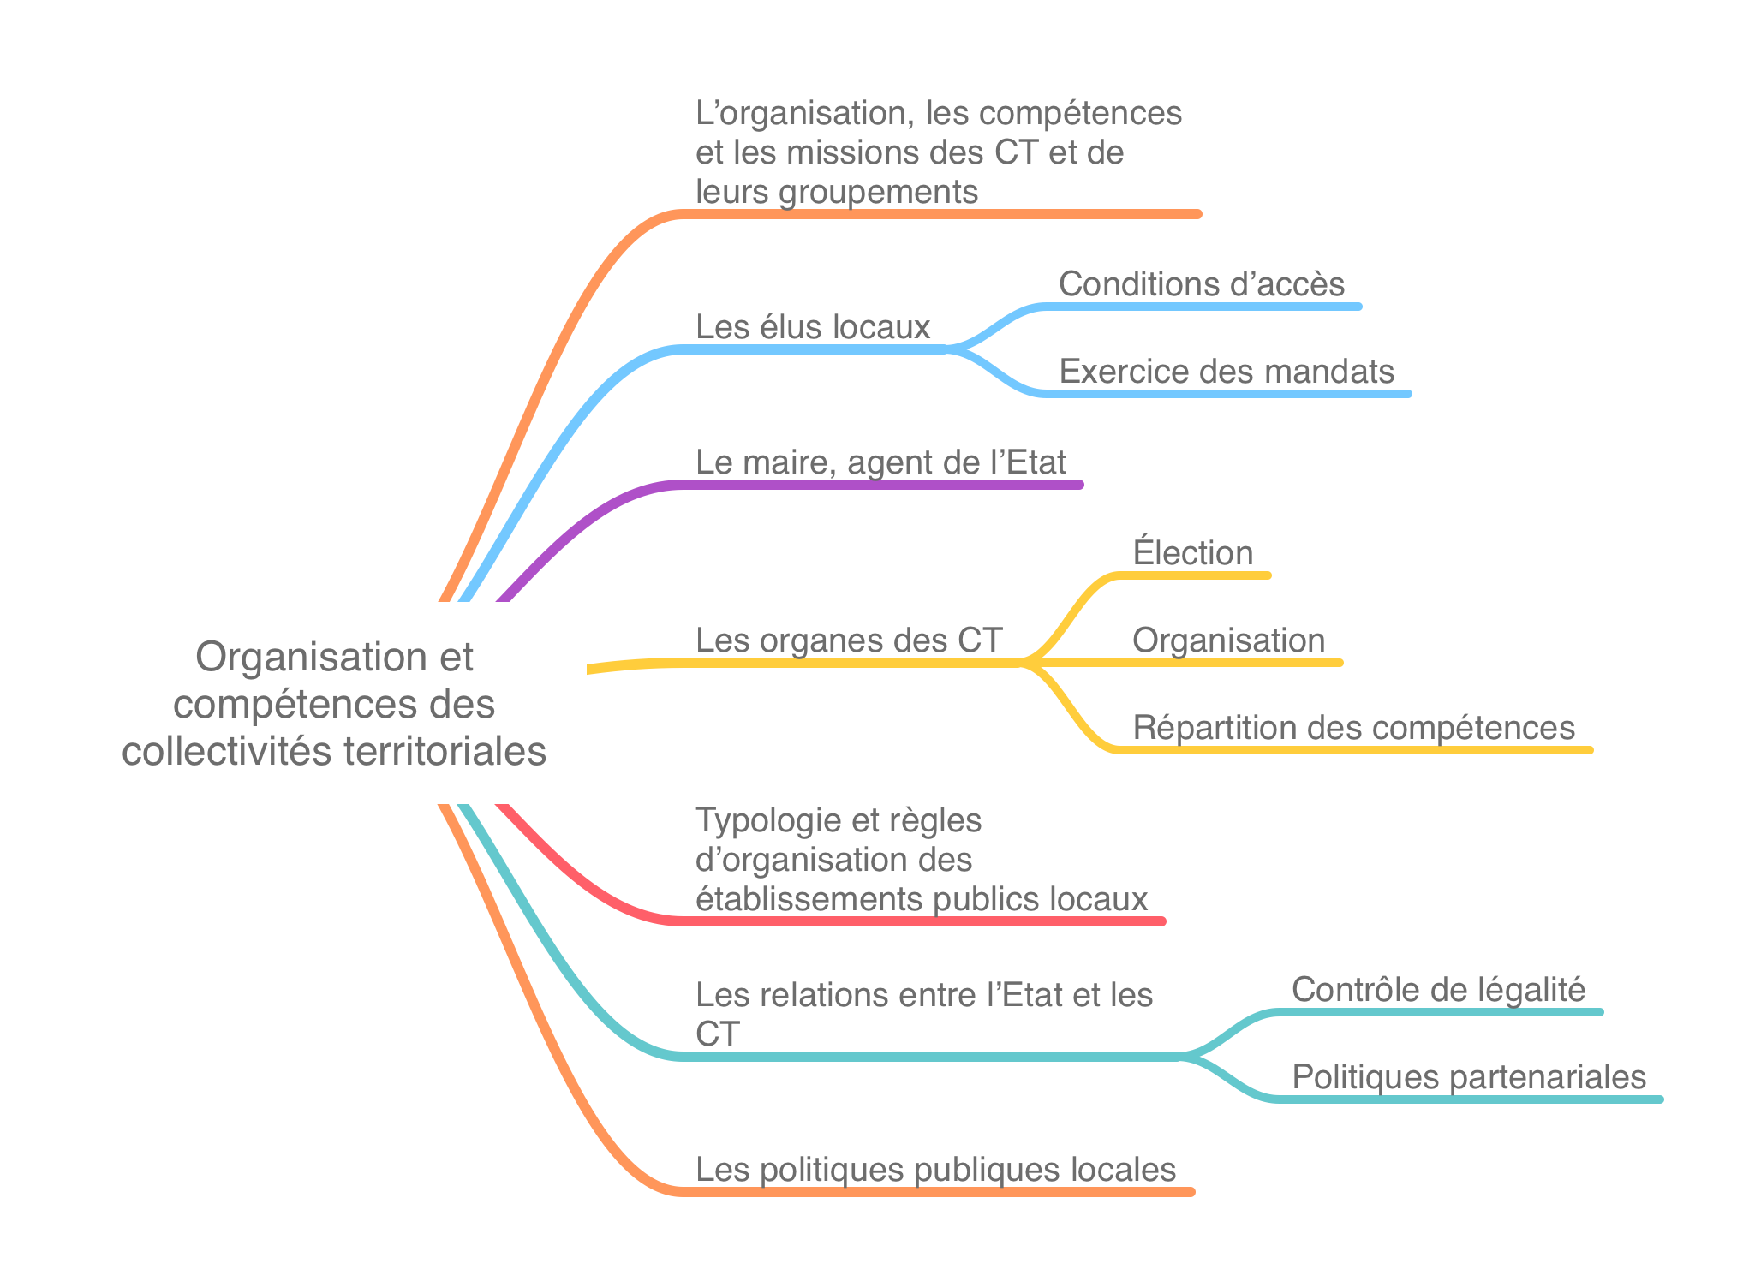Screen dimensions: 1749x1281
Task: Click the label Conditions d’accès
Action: click(1202, 284)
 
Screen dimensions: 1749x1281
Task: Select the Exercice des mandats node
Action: click(1227, 372)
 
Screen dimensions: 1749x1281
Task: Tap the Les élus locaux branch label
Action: click(813, 327)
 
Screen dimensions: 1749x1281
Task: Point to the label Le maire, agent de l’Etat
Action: click(880, 462)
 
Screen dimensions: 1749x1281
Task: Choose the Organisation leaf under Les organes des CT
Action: click(1229, 640)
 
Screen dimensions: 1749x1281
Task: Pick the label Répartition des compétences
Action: click(1354, 728)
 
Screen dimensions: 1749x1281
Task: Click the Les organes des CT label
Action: click(849, 640)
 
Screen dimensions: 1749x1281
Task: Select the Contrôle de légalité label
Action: click(1439, 990)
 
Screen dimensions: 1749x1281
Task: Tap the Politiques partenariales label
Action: click(1469, 1077)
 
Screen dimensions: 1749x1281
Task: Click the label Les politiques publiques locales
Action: click(936, 1170)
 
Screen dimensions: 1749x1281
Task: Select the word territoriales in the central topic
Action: click(445, 751)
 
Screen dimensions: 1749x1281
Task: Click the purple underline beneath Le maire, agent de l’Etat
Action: click(881, 485)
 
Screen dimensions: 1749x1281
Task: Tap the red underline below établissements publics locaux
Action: click(922, 921)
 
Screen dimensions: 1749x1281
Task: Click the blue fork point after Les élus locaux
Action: click(947, 349)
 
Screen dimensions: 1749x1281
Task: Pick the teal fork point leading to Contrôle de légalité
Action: click(1180, 1056)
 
